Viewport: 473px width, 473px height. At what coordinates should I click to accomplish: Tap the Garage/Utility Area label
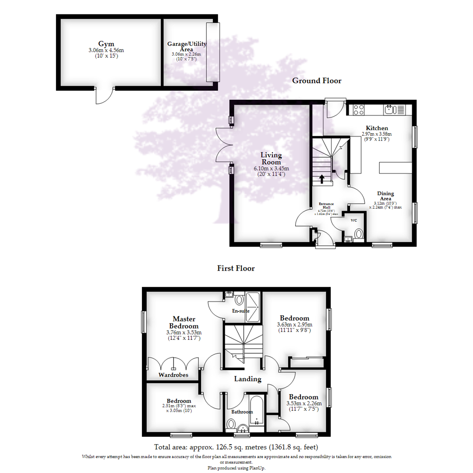coord(187,46)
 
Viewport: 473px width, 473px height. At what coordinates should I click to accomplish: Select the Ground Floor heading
coord(317,81)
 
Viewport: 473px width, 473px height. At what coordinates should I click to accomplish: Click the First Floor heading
coord(236,268)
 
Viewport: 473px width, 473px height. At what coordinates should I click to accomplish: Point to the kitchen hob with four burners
coord(359,109)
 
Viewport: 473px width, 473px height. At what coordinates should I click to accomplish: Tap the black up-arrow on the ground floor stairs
coord(322,178)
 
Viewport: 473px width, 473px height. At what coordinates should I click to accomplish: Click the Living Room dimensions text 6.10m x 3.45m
coord(272,169)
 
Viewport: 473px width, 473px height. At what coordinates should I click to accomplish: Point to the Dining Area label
coord(386,196)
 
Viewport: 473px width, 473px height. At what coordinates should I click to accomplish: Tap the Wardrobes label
coord(173,375)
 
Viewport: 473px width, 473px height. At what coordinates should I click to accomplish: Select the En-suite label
coord(241,311)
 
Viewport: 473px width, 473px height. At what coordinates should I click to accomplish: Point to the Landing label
coord(247,379)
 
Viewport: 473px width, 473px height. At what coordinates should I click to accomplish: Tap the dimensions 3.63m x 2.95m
coord(295,325)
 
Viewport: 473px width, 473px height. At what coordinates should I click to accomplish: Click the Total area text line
coord(236,448)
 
